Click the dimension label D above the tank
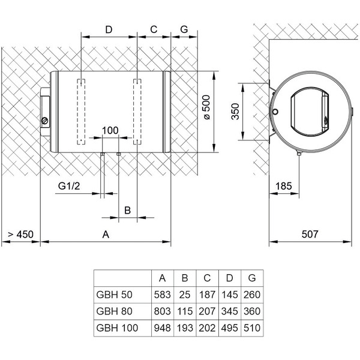point(109,29)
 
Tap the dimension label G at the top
point(184,29)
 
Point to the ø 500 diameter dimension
point(206,110)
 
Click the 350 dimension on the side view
point(236,112)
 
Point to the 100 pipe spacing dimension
point(110,130)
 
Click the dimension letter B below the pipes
point(127,209)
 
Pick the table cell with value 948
point(162,328)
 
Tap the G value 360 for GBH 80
point(251,311)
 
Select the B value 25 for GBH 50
point(185,295)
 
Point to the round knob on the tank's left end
point(44,121)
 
